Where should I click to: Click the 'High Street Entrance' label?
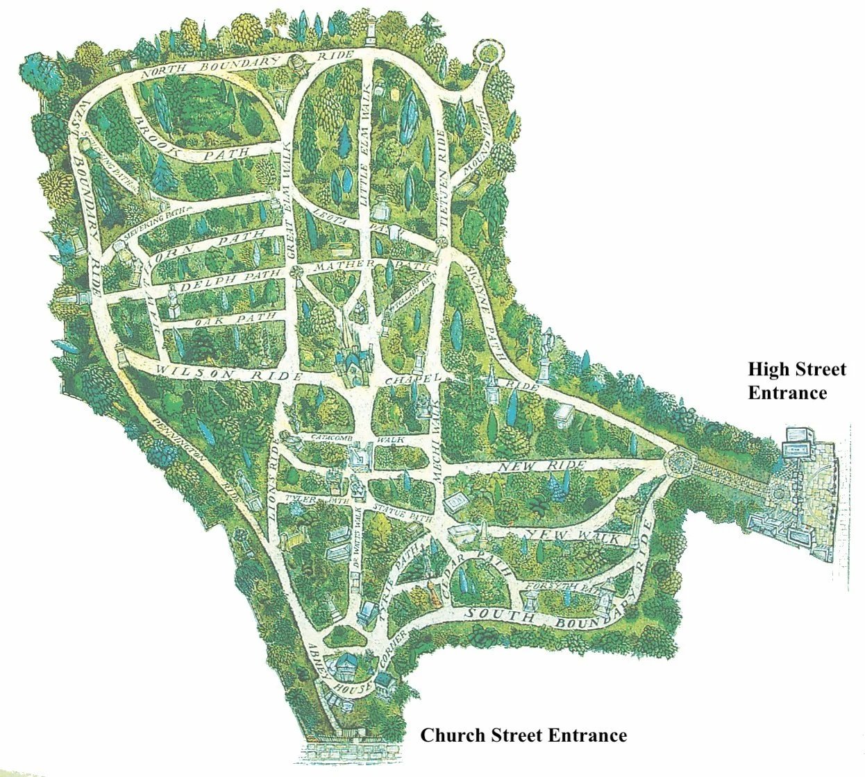(x=796, y=381)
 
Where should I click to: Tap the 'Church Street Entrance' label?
(x=523, y=735)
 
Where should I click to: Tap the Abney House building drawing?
(x=345, y=668)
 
